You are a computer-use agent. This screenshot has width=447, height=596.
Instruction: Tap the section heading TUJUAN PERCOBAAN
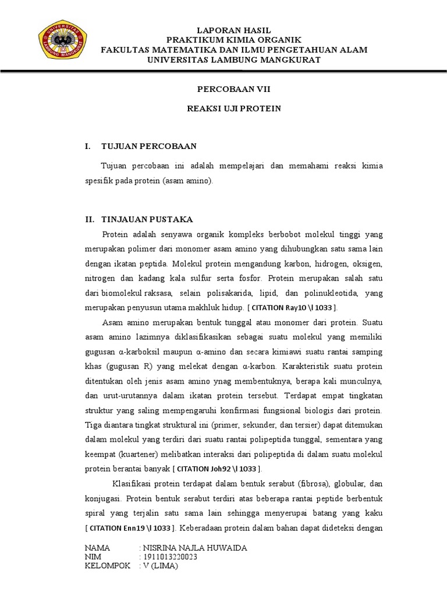149,146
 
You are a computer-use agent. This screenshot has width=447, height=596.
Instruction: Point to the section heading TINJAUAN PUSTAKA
147,219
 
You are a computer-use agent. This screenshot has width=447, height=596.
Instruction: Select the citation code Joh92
222,469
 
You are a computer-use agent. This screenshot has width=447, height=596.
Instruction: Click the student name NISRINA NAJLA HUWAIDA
194,548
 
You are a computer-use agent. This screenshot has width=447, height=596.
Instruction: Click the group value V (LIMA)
161,566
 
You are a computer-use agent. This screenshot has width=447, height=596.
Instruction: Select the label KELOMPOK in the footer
108,566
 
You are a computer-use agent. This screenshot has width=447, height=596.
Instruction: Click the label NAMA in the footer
97,548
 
